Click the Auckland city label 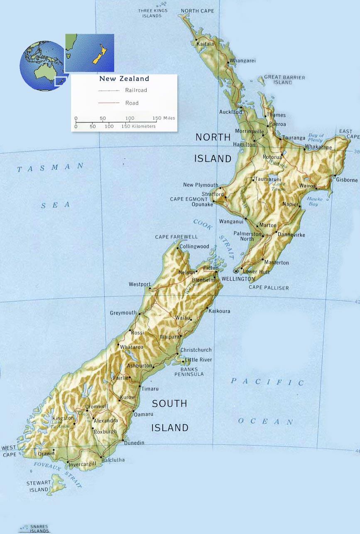point(230,112)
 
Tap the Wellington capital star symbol point(236,271)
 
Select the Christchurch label point(196,350)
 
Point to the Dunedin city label point(134,443)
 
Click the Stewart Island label point(39,486)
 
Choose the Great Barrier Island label point(284,80)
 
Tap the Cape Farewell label point(176,237)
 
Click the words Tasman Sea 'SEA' point(55,205)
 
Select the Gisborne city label point(347,180)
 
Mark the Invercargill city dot point(68,462)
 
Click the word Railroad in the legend point(136,90)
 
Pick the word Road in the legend point(132,103)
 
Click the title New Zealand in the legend point(124,78)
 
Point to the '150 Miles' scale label point(164,118)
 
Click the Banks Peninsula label point(192,372)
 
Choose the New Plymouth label point(201,185)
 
